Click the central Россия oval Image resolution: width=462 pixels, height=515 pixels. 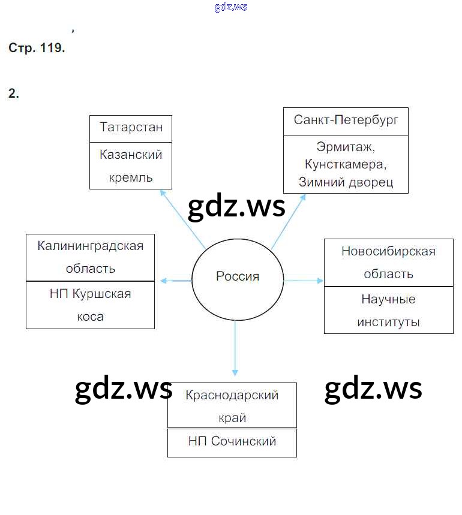pos(237,276)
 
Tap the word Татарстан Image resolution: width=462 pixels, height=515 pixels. pos(131,128)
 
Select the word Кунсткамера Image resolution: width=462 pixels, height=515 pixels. pos(345,164)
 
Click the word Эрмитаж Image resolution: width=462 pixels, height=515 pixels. pos(345,146)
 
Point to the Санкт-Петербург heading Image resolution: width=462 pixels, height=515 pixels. pos(346,119)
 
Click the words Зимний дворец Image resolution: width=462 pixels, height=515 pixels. pos(345,182)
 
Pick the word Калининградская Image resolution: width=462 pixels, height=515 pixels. pos(91,246)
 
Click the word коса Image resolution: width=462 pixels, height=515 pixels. pos(90,317)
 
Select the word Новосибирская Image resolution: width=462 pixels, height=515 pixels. pos(388,251)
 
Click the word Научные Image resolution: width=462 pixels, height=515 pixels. pos(388,299)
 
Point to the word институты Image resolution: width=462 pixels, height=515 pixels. pos(388,322)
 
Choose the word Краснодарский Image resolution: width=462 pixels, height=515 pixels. pos(232,395)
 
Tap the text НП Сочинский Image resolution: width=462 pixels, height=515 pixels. pos(232,441)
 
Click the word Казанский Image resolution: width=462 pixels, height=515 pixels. pos(131,155)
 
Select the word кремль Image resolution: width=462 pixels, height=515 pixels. pos(131,177)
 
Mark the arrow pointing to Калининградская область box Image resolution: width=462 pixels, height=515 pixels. pos(173,280)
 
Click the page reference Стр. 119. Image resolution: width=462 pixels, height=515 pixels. pos(37,48)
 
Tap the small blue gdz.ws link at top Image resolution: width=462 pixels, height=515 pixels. pos(230,7)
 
